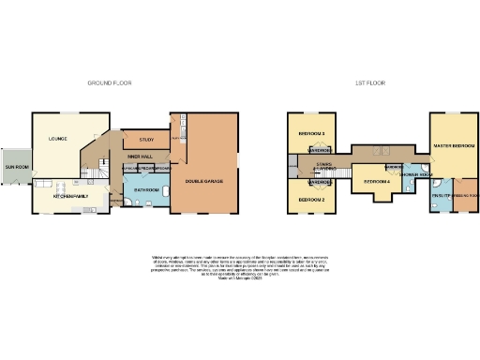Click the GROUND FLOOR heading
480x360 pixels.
pyautogui.click(x=110, y=83)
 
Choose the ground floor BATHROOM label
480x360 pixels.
pyautogui.click(x=146, y=189)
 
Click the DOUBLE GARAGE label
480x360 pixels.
pyautogui.click(x=203, y=180)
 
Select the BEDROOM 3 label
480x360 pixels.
pyautogui.click(x=311, y=134)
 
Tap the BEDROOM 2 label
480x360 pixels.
pyautogui.click(x=311, y=201)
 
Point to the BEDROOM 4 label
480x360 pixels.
pyautogui.click(x=377, y=180)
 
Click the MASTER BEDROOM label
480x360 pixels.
pyautogui.click(x=454, y=146)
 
